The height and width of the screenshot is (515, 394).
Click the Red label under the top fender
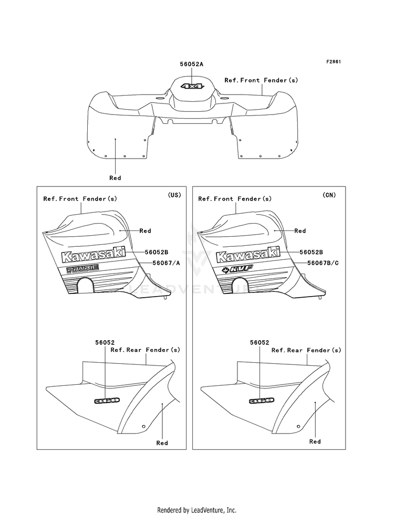click(x=115, y=178)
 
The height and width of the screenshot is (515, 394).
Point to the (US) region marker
click(x=174, y=195)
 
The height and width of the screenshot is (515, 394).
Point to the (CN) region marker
click(x=329, y=195)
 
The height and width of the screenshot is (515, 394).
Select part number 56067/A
click(x=167, y=263)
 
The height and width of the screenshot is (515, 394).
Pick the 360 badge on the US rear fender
click(x=107, y=400)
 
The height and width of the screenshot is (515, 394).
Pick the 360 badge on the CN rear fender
click(x=262, y=400)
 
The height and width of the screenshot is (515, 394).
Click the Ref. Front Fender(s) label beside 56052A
click(x=261, y=80)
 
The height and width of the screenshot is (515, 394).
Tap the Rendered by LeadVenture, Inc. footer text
click(x=197, y=510)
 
